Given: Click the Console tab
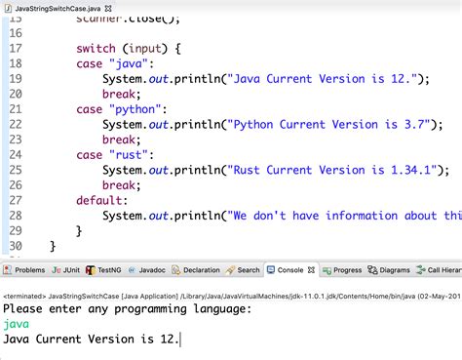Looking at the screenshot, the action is point(289,270).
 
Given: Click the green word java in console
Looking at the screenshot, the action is point(17,324).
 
